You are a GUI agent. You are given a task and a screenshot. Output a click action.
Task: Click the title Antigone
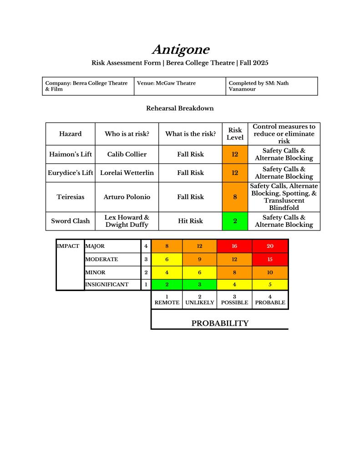pyautogui.click(x=180, y=49)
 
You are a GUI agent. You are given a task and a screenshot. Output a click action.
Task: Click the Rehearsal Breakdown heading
pyautogui.click(x=180, y=108)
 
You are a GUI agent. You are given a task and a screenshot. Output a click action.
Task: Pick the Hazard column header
pyautogui.click(x=71, y=134)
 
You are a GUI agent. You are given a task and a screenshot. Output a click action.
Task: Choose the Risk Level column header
pyautogui.click(x=235, y=134)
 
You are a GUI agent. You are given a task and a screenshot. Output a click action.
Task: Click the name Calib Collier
pyautogui.click(x=127, y=154)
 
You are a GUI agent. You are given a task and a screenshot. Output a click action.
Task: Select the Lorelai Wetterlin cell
pyautogui.click(x=127, y=173)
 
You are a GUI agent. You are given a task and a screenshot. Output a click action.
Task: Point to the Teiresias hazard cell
pyautogui.click(x=71, y=197)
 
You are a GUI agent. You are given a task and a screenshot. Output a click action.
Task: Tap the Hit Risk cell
pyautogui.click(x=190, y=221)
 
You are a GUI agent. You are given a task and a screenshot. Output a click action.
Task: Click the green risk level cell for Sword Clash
pyautogui.click(x=235, y=221)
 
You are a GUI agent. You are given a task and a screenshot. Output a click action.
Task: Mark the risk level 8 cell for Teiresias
pyautogui.click(x=235, y=197)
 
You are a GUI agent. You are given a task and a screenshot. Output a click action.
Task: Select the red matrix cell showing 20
pyautogui.click(x=270, y=246)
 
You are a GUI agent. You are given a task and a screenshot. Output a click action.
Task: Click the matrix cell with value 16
pyautogui.click(x=234, y=246)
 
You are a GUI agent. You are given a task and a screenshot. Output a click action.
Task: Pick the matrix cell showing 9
pyautogui.click(x=199, y=259)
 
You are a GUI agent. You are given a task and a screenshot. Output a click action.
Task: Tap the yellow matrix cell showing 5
pyautogui.click(x=270, y=285)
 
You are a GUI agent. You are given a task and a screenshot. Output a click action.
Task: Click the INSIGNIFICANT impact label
pyautogui.click(x=107, y=285)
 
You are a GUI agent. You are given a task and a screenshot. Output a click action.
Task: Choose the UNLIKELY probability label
pyautogui.click(x=199, y=300)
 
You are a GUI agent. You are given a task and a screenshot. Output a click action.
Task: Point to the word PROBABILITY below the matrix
pyautogui.click(x=220, y=323)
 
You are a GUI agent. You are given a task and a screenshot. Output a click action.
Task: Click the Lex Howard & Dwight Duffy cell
pyautogui.click(x=127, y=221)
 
